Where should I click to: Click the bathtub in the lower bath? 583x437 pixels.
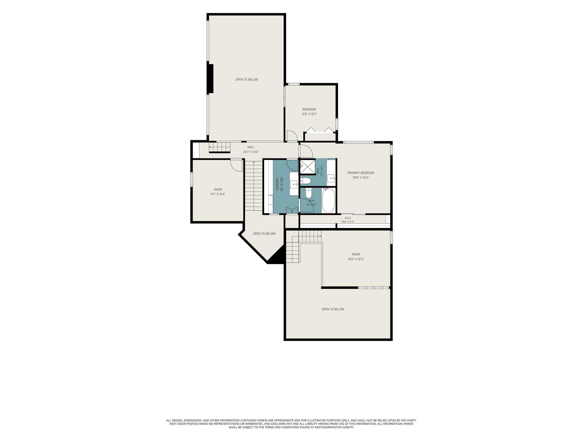click(328, 200)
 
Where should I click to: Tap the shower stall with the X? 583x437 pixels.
click(308, 166)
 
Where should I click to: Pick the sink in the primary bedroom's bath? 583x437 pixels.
click(331, 178)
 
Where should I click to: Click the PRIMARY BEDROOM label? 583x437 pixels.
click(360, 173)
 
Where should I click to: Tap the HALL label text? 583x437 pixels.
click(251, 147)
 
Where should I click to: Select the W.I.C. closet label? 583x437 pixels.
click(348, 218)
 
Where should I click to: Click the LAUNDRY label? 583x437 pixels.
click(277, 184)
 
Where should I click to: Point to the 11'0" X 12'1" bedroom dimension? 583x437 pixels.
click(309, 114)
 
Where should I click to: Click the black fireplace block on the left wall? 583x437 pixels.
click(210, 78)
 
